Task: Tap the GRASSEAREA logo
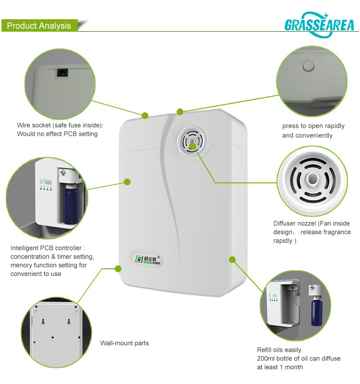[319, 24]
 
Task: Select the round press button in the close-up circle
[308, 64]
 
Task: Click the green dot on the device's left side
[127, 181]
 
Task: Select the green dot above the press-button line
[180, 112]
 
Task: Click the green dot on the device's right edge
[232, 260]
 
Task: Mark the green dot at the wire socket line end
[145, 115]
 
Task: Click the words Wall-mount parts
[124, 343]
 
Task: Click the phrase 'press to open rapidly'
[313, 126]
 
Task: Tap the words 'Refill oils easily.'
[280, 350]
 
